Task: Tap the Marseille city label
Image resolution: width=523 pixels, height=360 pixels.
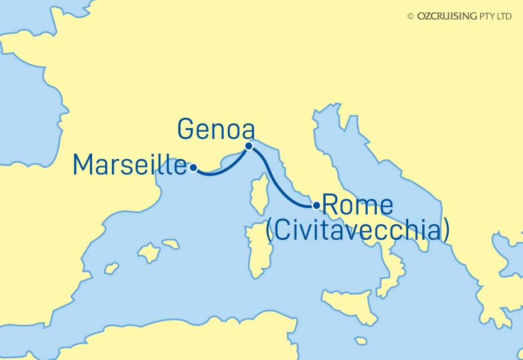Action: tap(130, 164)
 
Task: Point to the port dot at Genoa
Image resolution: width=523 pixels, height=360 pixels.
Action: tap(249, 146)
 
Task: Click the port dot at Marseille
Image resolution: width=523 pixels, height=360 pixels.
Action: tap(193, 167)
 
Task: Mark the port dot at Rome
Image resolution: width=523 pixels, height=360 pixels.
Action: tap(316, 205)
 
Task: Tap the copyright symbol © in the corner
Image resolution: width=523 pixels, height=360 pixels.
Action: tap(410, 16)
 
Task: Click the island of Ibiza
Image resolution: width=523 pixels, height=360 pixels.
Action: tap(112, 269)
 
